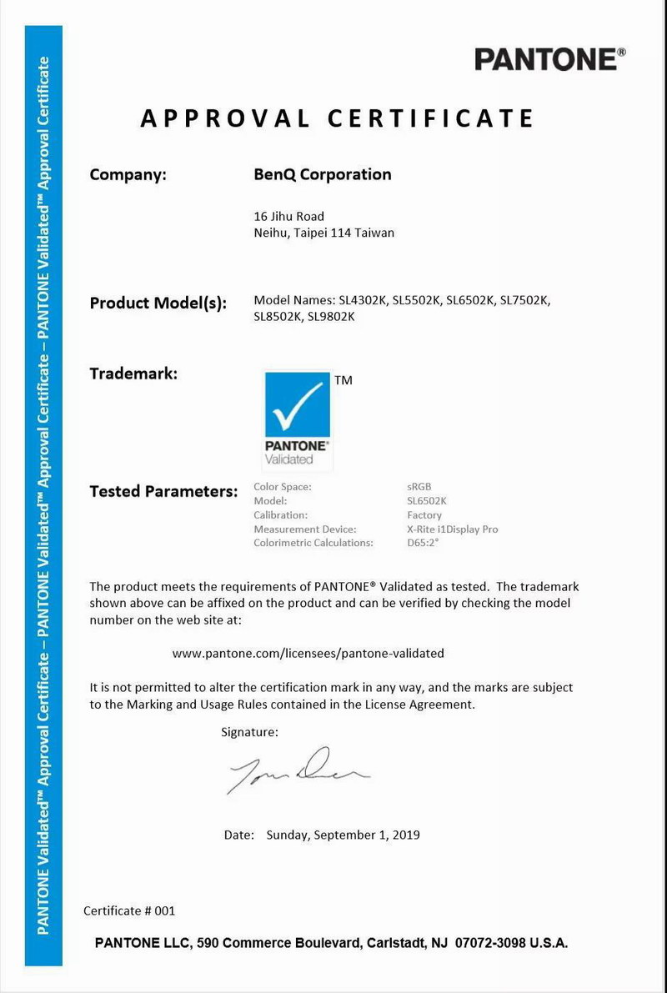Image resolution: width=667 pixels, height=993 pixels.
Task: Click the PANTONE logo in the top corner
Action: coord(549,59)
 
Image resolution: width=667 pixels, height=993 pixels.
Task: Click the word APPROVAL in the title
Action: coord(225,118)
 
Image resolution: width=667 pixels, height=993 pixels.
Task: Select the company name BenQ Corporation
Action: coord(322,175)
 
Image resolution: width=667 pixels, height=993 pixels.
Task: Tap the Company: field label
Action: coord(128,175)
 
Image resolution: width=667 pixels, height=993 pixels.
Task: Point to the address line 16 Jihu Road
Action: coord(288,216)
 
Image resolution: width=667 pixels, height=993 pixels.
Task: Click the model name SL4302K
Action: coord(363,300)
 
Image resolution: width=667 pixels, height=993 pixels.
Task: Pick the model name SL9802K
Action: coord(332,316)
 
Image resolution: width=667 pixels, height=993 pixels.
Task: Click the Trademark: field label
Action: coord(133,374)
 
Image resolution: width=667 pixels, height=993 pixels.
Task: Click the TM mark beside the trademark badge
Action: coord(343,380)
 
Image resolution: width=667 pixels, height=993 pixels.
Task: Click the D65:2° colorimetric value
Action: coord(422,544)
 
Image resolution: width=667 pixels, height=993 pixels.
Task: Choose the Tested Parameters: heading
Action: coord(163,491)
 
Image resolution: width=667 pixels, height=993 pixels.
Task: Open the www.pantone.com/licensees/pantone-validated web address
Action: coord(308,654)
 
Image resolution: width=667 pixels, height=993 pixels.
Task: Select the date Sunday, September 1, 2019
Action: coord(343,835)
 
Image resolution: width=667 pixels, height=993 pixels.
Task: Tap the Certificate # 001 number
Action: coord(129,911)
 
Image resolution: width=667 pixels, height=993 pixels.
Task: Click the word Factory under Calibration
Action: coord(424,515)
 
